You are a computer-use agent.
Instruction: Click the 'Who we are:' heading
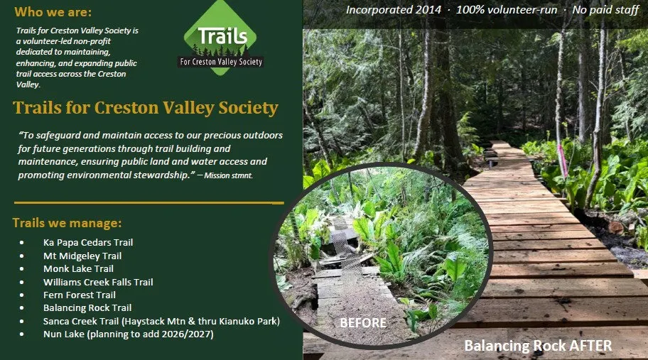coord(53,12)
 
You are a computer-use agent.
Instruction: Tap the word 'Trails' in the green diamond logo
coord(222,36)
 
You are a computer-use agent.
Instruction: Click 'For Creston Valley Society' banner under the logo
coord(221,62)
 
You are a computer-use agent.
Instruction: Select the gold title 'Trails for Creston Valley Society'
coord(146,108)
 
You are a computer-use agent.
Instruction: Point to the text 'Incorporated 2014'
coord(394,9)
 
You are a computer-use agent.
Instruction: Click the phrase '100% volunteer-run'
coord(507,9)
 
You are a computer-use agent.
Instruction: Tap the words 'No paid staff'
coord(605,9)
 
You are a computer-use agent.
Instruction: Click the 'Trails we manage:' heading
coord(67,223)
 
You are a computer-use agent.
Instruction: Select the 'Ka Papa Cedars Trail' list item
coord(88,242)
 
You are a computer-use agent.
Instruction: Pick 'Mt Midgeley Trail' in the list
coord(82,256)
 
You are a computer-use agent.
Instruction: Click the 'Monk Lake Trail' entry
coord(78,269)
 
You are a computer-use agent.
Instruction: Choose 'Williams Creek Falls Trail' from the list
coord(98,282)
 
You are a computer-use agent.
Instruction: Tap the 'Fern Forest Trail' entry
coord(80,295)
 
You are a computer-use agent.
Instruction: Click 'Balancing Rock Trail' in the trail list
coord(87,308)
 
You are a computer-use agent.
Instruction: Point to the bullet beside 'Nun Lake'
coord(21,334)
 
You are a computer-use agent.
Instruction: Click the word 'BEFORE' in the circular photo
coord(363,323)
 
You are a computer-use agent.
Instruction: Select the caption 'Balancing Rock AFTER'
coord(538,346)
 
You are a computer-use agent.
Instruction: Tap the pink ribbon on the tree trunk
coord(563,160)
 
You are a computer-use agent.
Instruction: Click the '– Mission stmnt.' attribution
coord(225,175)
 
